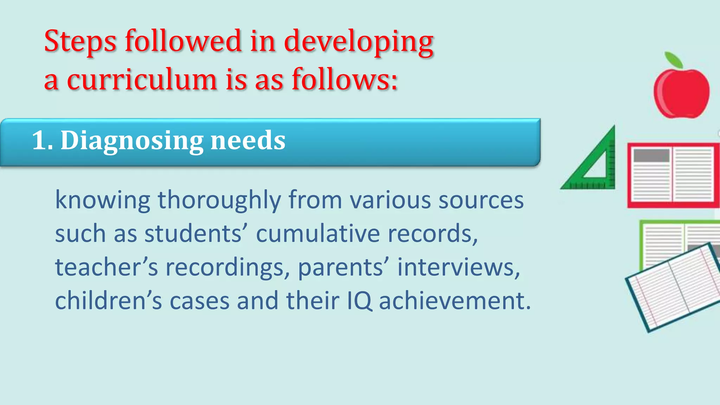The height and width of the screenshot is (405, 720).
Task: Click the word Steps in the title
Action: click(80, 41)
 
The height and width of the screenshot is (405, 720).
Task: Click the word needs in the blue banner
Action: click(248, 140)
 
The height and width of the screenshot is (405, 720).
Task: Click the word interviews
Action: click(458, 267)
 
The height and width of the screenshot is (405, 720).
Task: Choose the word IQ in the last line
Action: click(359, 301)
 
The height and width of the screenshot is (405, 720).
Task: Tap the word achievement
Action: click(455, 301)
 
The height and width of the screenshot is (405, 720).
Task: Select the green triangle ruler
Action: click(594, 165)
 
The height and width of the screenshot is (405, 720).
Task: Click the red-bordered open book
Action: click(673, 175)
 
